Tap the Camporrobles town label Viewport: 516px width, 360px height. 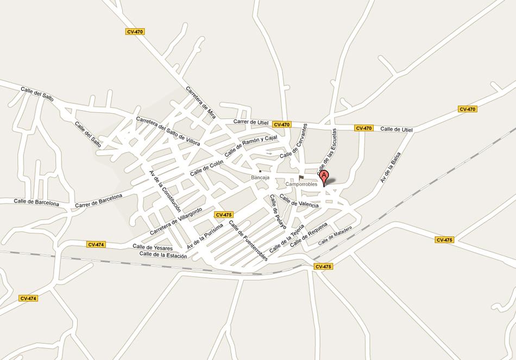(301, 184)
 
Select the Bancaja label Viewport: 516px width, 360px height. (260, 178)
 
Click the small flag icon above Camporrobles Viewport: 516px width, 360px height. (301, 177)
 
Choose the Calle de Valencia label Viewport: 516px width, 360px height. (299, 201)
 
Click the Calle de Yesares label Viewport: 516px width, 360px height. (153, 247)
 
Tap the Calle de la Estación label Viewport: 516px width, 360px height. (163, 254)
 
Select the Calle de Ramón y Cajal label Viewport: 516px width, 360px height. (250, 146)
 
